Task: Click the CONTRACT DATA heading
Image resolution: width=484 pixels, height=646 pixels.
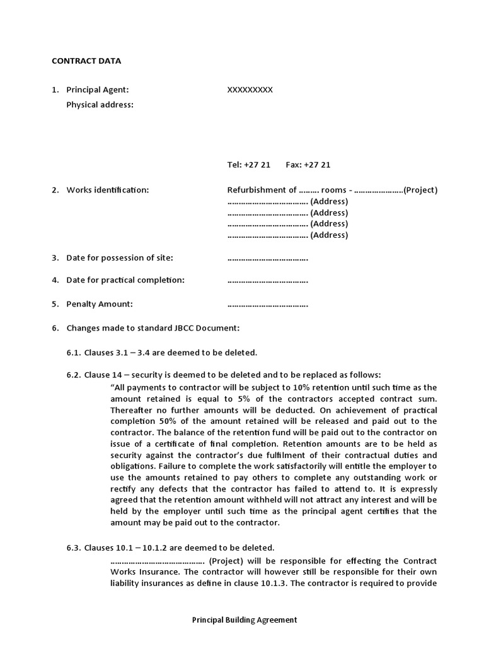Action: [x=86, y=61]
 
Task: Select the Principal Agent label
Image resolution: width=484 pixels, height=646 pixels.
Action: [x=98, y=90]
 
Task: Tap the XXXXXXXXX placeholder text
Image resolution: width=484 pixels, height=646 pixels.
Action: [x=250, y=90]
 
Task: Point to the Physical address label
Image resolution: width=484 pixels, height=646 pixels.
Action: [x=100, y=105]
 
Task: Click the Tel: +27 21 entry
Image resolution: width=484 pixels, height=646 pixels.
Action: [x=248, y=165]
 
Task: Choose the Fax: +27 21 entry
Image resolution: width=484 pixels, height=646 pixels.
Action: [x=308, y=165]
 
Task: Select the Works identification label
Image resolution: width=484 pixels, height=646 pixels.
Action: [x=107, y=190]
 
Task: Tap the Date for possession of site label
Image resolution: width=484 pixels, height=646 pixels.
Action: [x=119, y=257]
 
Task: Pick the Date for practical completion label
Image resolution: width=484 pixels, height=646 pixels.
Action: [x=125, y=280]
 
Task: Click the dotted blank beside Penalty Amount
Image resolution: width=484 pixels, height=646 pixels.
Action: [x=267, y=304]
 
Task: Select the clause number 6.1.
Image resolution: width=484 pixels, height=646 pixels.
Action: [x=73, y=352]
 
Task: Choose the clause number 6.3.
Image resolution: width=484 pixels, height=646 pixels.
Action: [x=73, y=548]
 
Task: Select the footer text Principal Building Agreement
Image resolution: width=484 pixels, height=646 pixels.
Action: [x=245, y=620]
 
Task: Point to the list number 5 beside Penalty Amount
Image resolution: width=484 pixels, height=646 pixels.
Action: [x=55, y=304]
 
